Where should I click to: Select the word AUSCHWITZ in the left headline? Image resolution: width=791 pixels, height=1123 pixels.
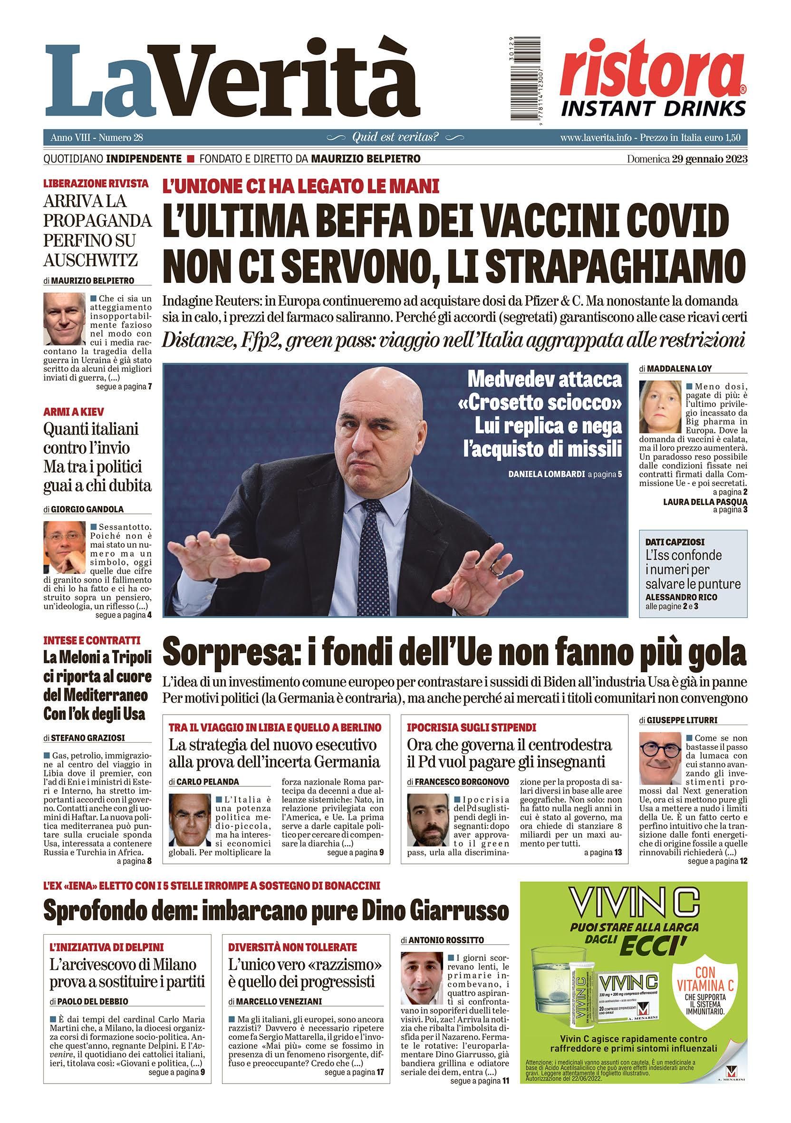coord(90,260)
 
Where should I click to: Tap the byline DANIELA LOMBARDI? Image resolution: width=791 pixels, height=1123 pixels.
coord(546,474)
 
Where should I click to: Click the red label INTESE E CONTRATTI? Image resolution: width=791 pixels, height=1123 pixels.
coord(92,640)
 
